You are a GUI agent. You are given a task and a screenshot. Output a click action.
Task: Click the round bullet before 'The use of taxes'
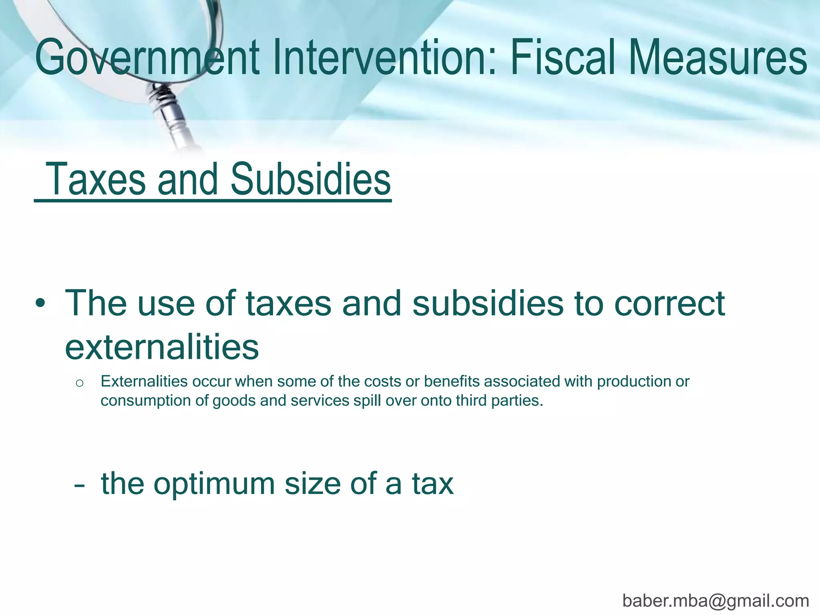(x=40, y=304)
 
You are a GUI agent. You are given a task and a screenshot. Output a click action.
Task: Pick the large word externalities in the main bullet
(x=162, y=347)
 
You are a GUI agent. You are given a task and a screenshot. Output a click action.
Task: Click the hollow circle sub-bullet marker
(x=79, y=383)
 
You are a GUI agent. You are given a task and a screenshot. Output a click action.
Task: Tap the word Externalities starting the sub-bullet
(x=144, y=382)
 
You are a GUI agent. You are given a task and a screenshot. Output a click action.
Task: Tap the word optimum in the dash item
(x=214, y=484)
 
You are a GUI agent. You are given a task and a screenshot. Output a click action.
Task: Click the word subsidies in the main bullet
(x=488, y=303)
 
